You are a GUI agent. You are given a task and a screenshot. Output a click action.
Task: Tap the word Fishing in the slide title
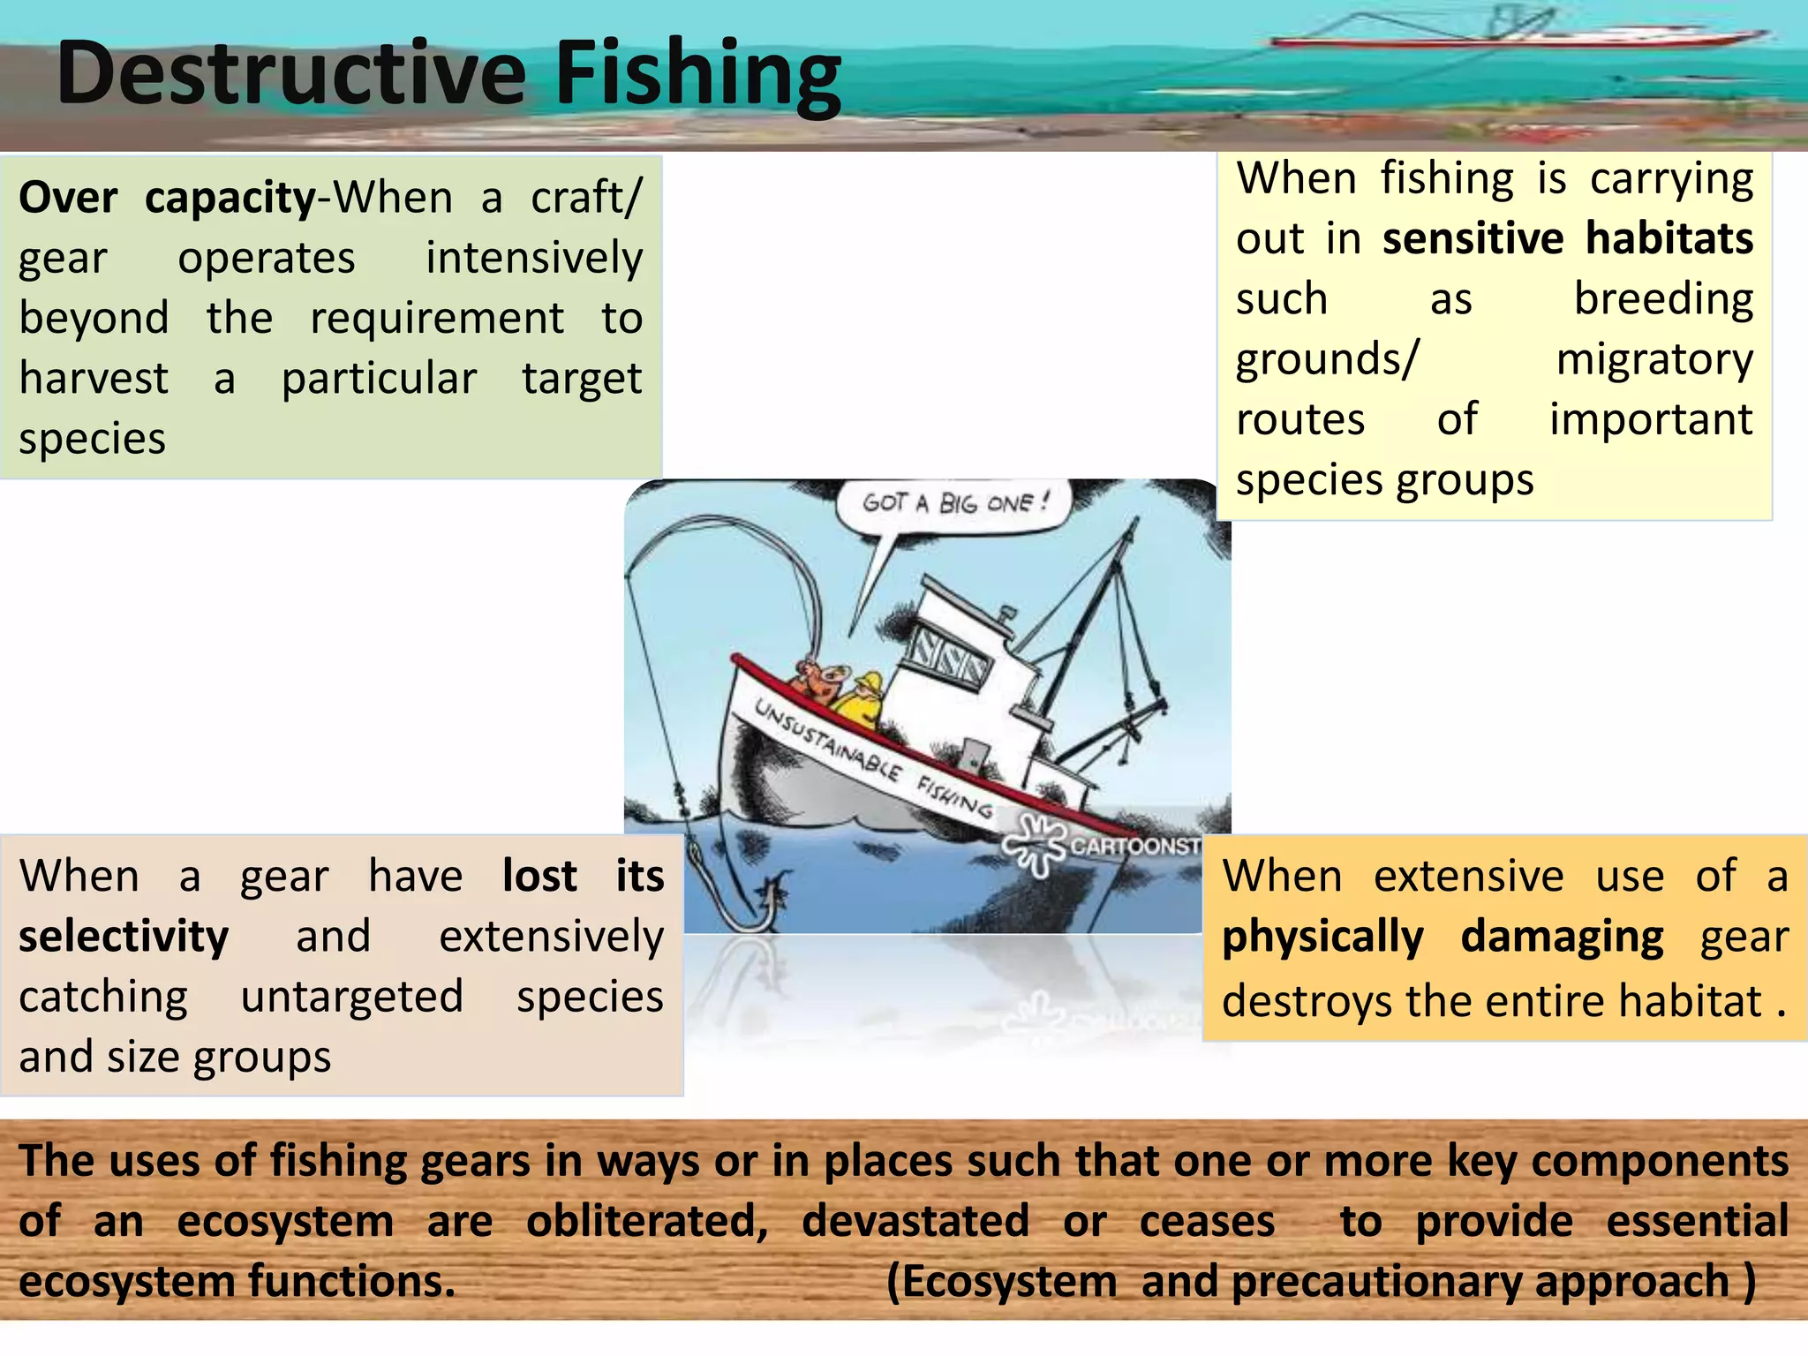[697, 78]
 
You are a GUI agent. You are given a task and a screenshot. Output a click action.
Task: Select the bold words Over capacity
[167, 197]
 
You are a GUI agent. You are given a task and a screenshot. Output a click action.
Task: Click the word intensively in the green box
[534, 258]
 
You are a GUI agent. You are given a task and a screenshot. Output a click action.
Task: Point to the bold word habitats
[1669, 238]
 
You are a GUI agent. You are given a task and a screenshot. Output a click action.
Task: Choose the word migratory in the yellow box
[1654, 359]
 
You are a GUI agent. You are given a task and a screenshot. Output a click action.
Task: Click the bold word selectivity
[124, 936]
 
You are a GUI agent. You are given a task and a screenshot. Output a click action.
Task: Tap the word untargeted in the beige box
[351, 997]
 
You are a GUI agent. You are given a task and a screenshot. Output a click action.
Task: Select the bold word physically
[1322, 937]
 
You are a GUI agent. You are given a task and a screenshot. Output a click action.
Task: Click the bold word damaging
[1562, 937]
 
